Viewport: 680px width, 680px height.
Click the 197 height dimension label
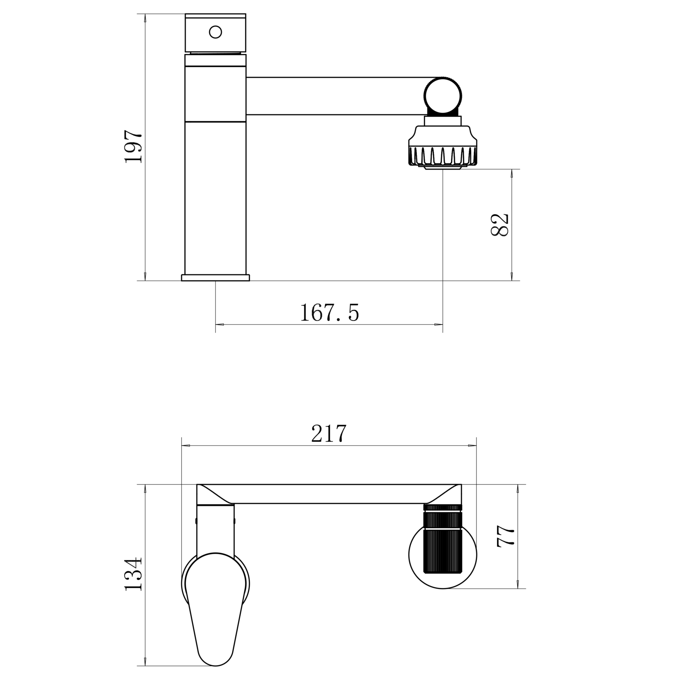(x=134, y=147)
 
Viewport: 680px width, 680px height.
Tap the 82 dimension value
(x=499, y=225)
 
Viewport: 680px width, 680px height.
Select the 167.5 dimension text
(x=329, y=313)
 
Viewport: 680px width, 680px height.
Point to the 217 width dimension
(x=329, y=433)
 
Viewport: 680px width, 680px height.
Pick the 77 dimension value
(x=506, y=537)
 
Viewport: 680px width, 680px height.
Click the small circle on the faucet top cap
(x=215, y=32)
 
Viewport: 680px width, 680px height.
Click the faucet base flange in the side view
(x=215, y=277)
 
